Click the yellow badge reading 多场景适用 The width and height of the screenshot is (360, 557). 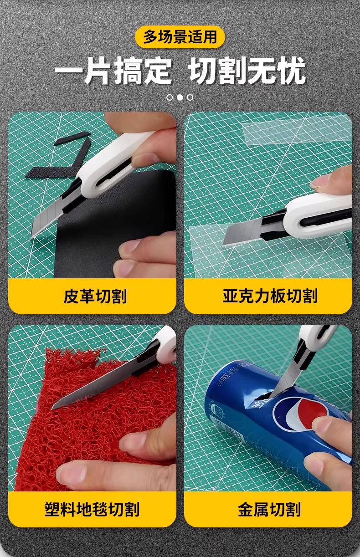[180, 37]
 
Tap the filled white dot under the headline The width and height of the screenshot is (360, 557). [180, 97]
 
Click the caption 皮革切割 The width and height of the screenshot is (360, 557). [95, 296]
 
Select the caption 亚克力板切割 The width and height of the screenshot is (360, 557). [270, 296]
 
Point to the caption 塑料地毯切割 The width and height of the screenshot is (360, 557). [92, 509]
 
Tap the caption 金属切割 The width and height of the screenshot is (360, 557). [269, 509]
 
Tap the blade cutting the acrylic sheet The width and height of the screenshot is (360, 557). [242, 232]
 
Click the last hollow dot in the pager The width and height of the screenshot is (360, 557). [190, 97]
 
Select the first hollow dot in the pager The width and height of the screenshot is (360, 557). [170, 97]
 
